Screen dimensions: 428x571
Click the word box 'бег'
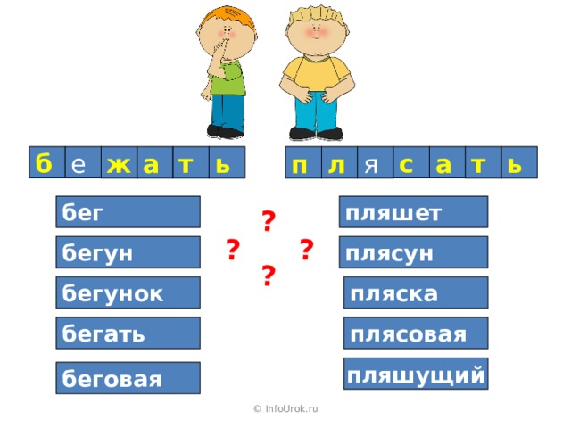point(127,212)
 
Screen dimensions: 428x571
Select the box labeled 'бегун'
point(127,253)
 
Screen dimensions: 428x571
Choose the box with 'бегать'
point(127,333)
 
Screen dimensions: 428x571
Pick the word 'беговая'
point(127,378)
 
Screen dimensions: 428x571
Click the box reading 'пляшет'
point(416,212)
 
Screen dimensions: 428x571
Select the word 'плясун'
point(416,253)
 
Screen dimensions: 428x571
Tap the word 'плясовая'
point(416,333)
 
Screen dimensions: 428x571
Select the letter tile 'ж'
point(117,163)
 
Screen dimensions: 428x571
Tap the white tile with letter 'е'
point(80,164)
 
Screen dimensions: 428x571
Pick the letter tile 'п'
point(301,163)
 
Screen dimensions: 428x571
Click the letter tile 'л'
point(336,163)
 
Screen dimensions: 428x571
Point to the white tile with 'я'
point(372,164)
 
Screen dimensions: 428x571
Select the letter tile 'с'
point(408,163)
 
